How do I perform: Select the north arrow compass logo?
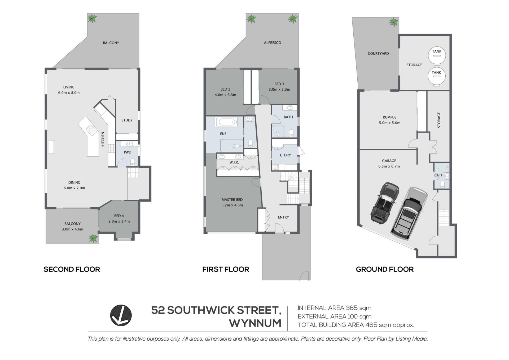121,315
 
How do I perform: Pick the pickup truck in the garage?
409,214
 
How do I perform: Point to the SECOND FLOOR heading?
72,269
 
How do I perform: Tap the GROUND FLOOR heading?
385,269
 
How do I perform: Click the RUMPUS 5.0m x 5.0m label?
389,120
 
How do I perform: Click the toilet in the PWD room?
133,161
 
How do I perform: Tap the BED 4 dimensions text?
119,221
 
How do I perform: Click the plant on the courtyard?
394,22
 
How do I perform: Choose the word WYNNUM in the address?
255,323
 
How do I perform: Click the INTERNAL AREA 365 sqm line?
335,308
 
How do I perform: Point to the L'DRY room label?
286,155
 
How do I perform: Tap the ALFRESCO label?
273,42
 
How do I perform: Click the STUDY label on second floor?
127,120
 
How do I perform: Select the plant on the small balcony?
93,238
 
